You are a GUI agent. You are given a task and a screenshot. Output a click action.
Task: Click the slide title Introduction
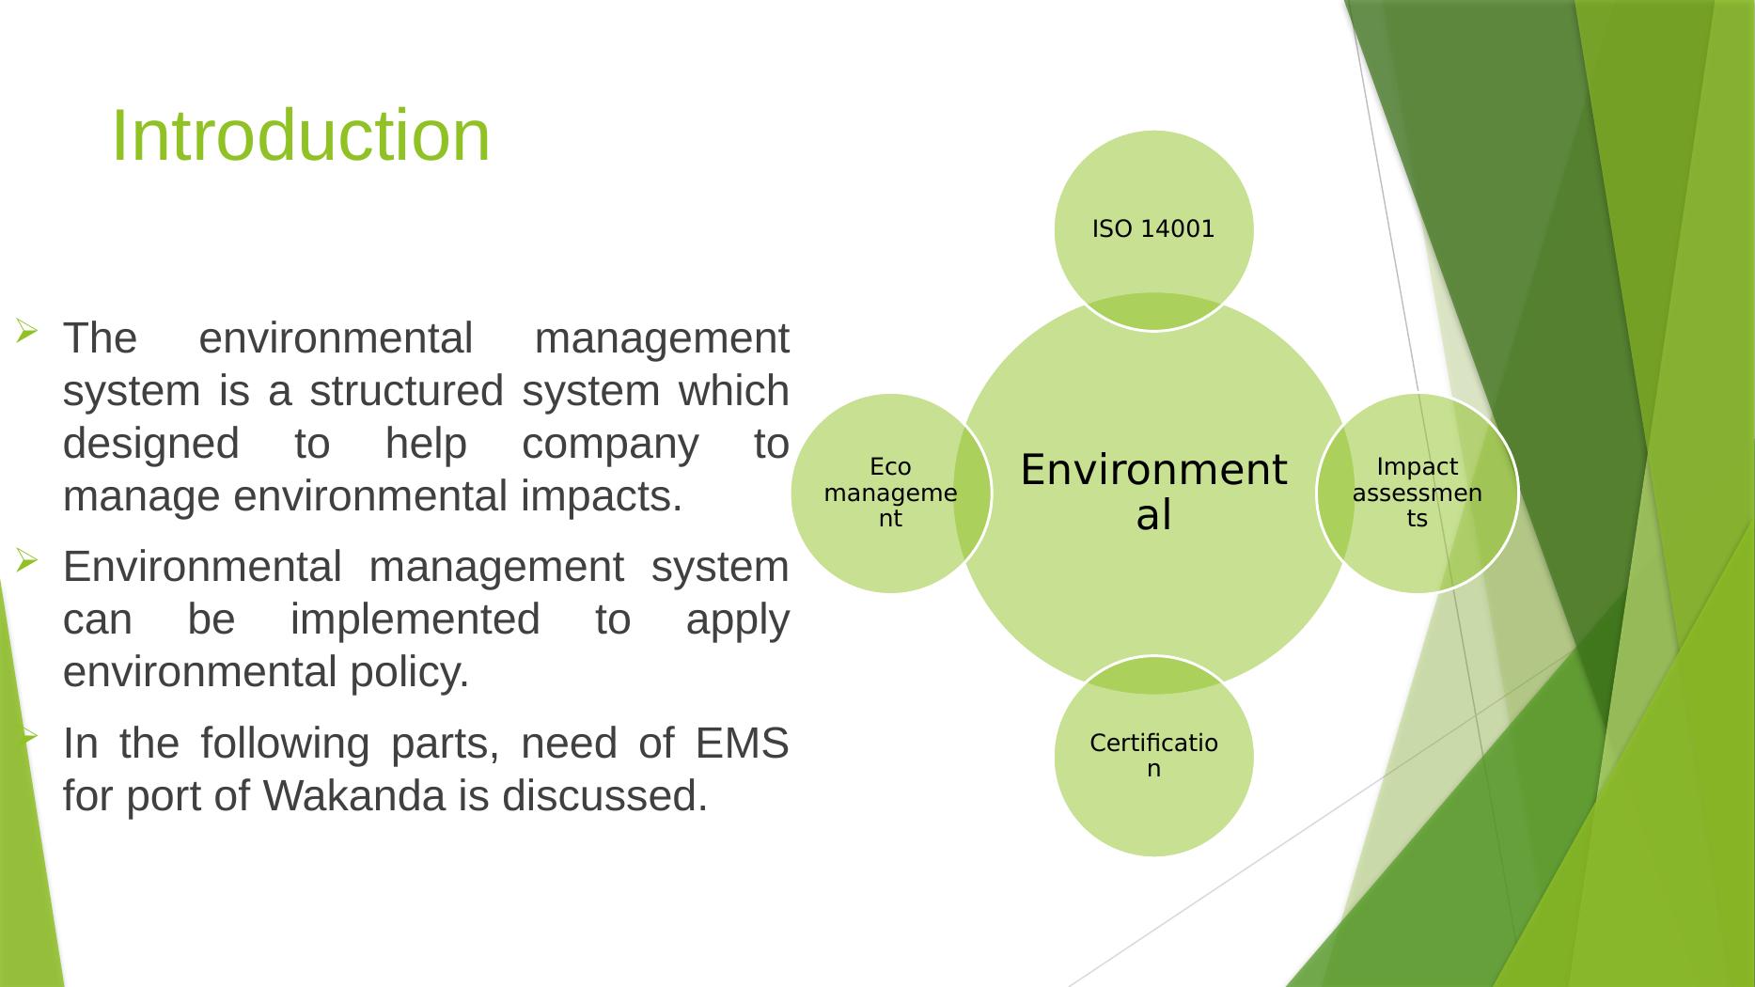click(x=301, y=135)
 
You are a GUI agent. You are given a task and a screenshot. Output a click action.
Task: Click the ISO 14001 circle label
click(x=1153, y=228)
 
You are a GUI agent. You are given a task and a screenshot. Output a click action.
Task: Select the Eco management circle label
click(x=890, y=493)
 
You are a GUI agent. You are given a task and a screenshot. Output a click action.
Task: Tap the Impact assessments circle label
click(x=1417, y=493)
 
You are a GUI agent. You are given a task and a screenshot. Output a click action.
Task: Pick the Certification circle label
click(x=1153, y=756)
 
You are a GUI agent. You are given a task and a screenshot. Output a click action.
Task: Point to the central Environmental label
click(x=1153, y=492)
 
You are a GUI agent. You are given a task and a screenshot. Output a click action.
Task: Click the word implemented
click(x=415, y=620)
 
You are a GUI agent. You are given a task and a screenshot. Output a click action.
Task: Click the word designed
click(x=151, y=444)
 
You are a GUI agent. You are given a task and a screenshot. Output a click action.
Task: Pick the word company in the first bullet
click(x=610, y=444)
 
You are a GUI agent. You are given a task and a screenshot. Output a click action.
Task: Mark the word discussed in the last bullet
click(x=603, y=796)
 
